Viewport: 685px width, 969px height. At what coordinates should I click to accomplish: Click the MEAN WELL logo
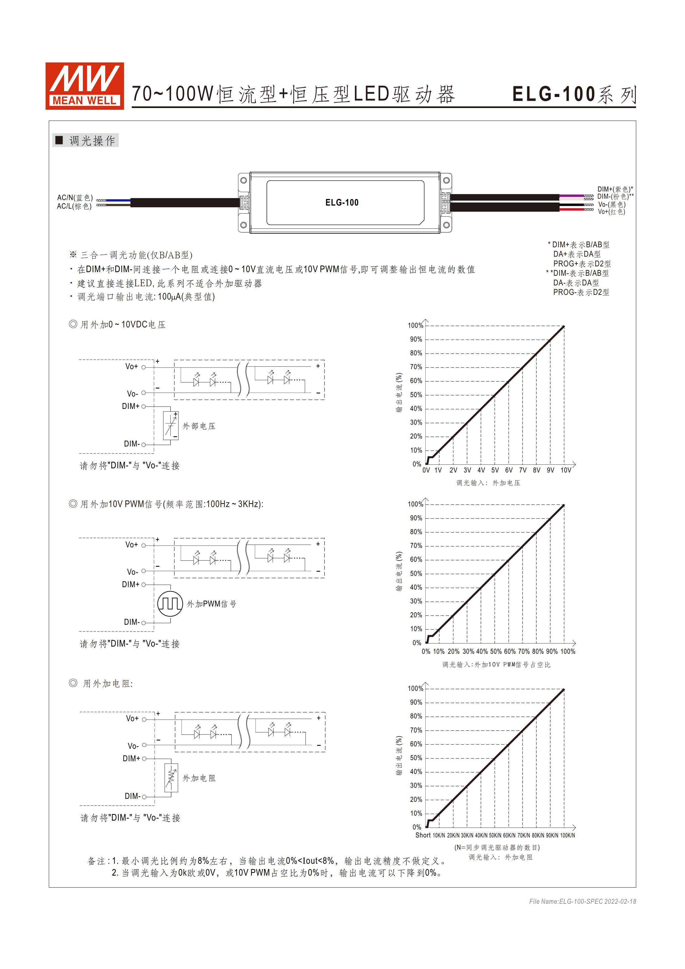coord(84,86)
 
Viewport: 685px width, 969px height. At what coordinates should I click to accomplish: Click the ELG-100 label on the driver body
coord(342,203)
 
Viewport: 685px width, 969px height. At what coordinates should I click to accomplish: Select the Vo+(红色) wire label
coord(611,212)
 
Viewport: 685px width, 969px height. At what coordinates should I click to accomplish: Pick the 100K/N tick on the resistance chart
coord(567,836)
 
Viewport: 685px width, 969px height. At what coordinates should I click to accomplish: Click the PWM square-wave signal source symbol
coord(170,604)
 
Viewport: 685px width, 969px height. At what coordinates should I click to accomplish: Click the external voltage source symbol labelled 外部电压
coord(171,426)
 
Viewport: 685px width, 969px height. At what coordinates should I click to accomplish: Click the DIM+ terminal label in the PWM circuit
coord(130,585)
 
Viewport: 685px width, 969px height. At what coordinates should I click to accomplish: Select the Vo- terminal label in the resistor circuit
coord(133,746)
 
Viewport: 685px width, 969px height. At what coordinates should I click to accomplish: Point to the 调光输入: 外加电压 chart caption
coord(488,483)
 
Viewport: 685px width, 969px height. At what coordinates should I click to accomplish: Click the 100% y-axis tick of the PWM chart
coord(415,504)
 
